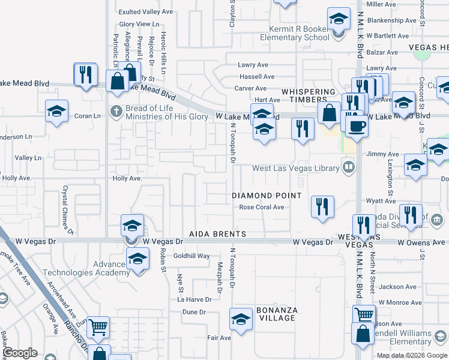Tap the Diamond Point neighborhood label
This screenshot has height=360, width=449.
coord(267,196)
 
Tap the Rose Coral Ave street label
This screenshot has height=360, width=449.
coord(262,208)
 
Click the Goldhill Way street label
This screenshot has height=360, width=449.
coord(191,256)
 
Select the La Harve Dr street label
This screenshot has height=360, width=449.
coord(194,299)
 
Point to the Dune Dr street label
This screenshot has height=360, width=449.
coord(194,312)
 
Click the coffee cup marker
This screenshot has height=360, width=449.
coord(357,126)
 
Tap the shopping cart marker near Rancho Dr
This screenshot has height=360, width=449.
coord(98,328)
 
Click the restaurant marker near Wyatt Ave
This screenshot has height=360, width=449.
coord(323,206)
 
